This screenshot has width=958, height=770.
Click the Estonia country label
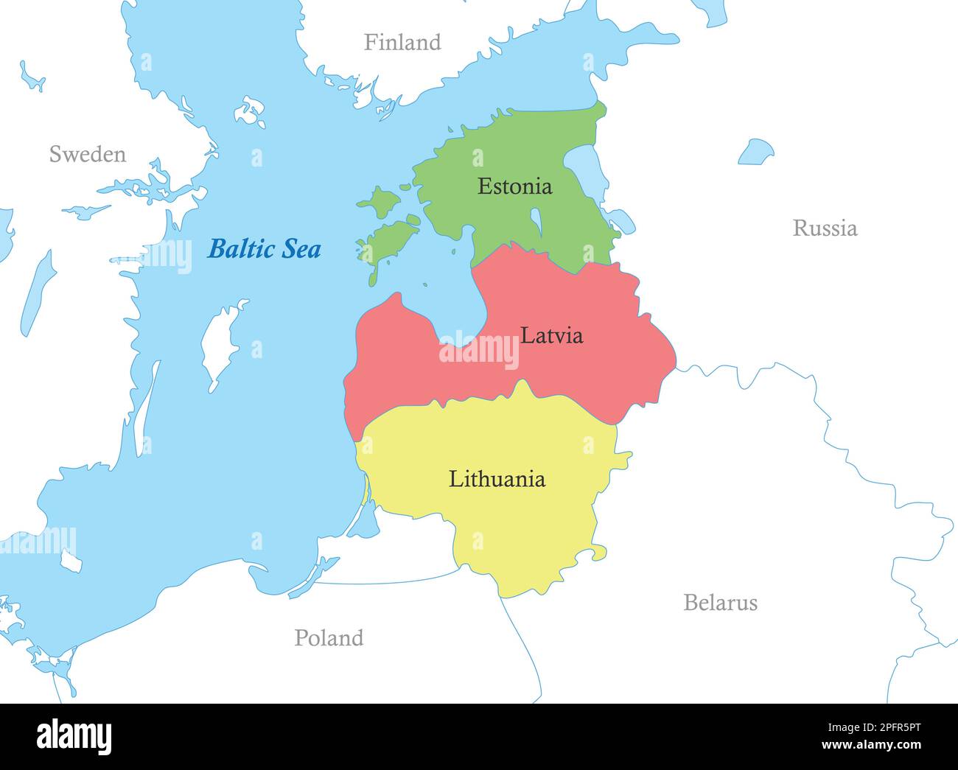click(514, 186)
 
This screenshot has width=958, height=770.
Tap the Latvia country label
click(551, 336)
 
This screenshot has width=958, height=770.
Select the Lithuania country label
click(497, 480)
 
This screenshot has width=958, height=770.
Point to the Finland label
click(402, 43)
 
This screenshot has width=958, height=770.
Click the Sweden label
click(87, 155)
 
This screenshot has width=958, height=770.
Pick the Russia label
click(825, 228)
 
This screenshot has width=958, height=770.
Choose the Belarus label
click(720, 603)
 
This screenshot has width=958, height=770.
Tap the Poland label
click(329, 638)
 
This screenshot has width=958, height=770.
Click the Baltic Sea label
click(264, 249)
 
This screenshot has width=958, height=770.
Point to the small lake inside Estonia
click(536, 219)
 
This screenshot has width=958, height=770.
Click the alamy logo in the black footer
click(74, 736)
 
